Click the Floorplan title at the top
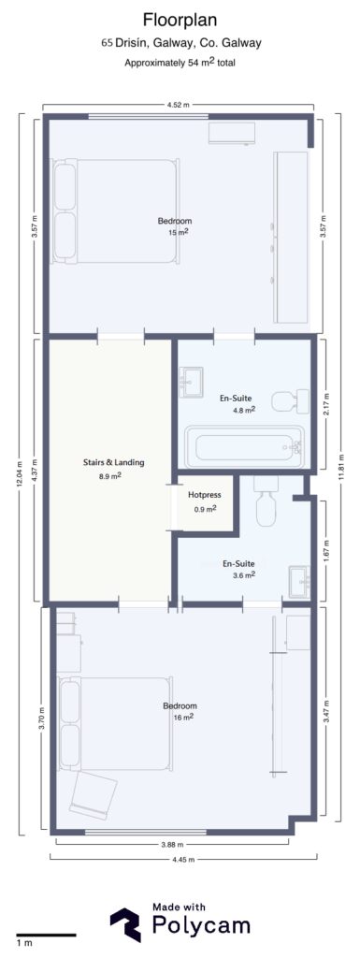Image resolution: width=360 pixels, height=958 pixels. point(180,20)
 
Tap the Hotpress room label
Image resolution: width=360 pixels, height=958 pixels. point(203,494)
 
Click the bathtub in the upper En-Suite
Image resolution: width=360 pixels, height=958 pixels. point(244,446)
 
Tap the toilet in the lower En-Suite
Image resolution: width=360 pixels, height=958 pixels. point(266,504)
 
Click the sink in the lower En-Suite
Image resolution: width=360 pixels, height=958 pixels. point(300,579)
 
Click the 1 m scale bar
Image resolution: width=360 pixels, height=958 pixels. point(45,935)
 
